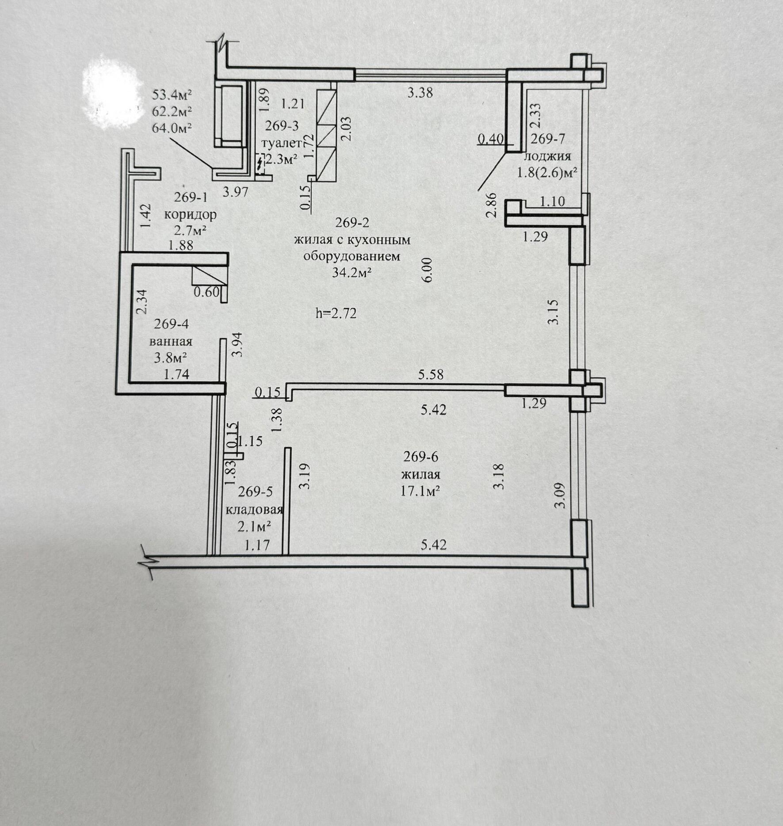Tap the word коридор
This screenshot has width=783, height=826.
(191, 215)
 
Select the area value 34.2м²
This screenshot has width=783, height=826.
(351, 273)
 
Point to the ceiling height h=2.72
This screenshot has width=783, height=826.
(336, 313)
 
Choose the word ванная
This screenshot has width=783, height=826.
(171, 342)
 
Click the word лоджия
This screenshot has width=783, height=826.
(547, 156)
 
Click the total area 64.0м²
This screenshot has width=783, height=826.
(172, 128)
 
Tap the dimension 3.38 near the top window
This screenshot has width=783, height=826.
(420, 93)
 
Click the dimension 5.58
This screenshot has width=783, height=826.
(431, 375)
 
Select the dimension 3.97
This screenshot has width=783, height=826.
(235, 192)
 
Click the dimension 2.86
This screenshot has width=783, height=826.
(491, 204)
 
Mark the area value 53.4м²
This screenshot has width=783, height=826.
(172, 95)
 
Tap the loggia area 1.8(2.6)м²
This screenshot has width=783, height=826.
(548, 173)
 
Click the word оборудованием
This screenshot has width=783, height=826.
(351, 257)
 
